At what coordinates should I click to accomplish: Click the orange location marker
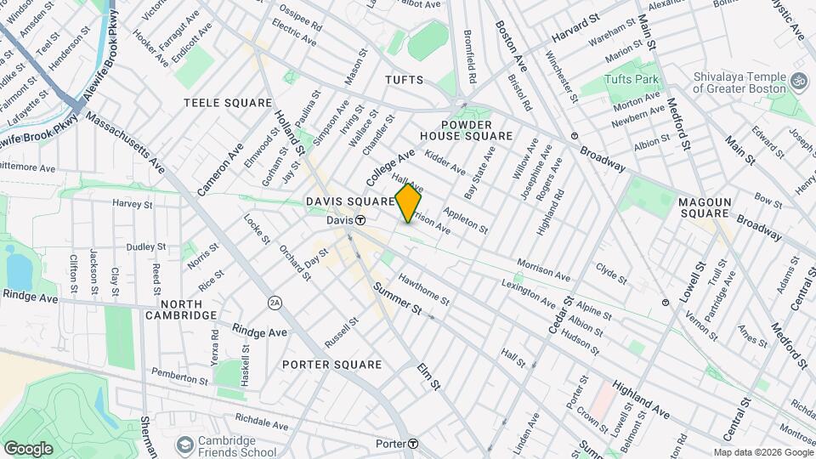tap(408, 203)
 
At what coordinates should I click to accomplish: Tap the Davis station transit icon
tap(360, 220)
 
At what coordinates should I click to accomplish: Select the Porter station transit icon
tap(412, 444)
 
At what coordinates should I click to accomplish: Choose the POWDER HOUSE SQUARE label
tap(466, 129)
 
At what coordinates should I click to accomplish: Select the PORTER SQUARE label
tap(331, 365)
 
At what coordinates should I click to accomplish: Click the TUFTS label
tap(404, 80)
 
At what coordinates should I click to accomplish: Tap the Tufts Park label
tap(632, 79)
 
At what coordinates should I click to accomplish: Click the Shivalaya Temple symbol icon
tap(797, 81)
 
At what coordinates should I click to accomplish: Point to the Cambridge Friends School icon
tap(184, 445)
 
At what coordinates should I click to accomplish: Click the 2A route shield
tap(274, 302)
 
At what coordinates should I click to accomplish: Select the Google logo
tap(28, 448)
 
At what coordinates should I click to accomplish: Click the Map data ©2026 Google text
tap(762, 452)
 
